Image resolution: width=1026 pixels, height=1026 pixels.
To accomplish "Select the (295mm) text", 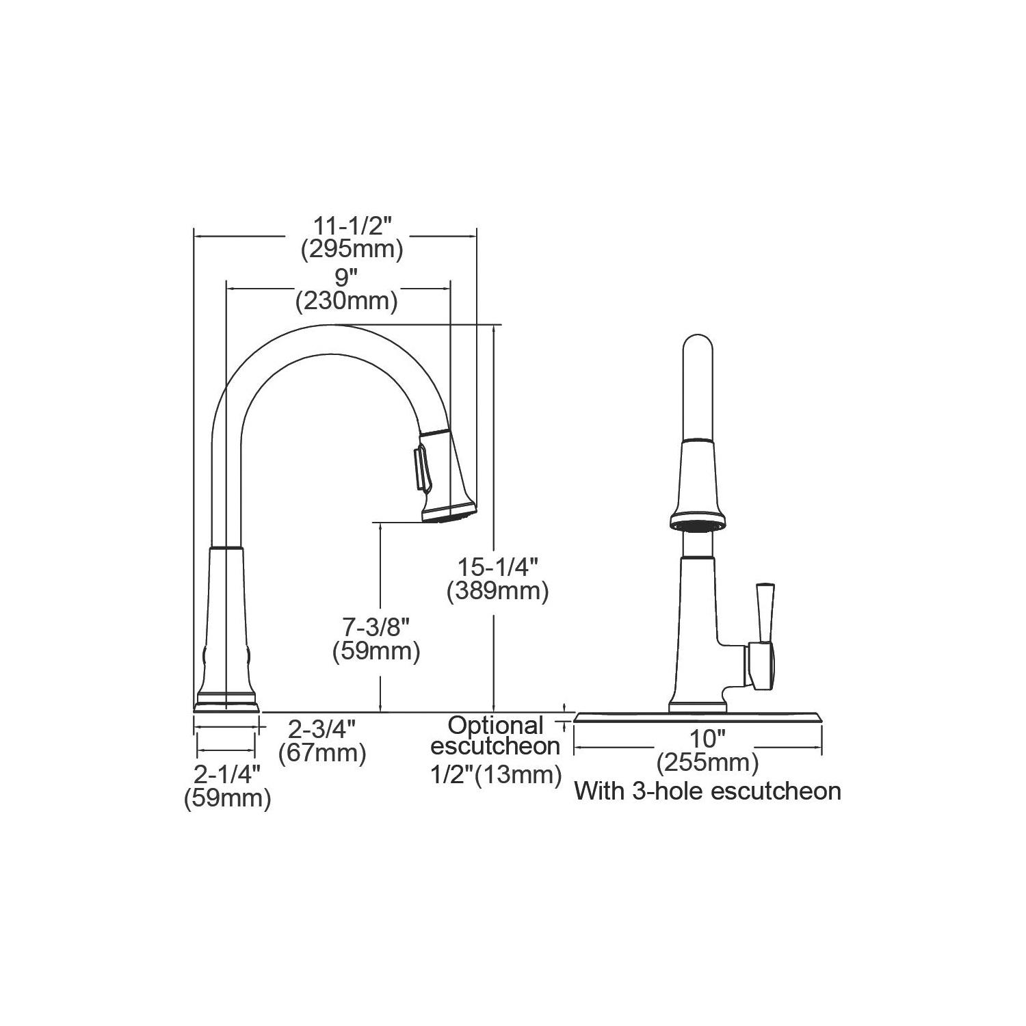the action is coord(352,250).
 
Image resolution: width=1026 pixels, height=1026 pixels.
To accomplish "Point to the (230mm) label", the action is coord(347,302).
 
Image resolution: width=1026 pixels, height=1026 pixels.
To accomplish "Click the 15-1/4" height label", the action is coord(499,567).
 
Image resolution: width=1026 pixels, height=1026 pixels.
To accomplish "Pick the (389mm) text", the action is coord(498,592).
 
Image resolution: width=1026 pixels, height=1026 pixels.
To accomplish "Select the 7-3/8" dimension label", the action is coord(376,627).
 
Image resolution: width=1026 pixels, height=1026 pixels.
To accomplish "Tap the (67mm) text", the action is coord(322,753).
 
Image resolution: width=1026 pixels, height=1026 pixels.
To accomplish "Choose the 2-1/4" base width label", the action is coord(228,774).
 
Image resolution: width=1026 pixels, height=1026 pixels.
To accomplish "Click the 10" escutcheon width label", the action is coord(707,739).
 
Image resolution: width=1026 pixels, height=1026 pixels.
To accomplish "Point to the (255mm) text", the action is coord(708,762).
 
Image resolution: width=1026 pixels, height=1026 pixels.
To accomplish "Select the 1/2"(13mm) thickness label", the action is coord(496,775).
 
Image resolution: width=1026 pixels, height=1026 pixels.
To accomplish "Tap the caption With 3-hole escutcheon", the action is coord(707,791).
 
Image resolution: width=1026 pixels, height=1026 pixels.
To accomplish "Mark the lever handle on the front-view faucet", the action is coord(763,636).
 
